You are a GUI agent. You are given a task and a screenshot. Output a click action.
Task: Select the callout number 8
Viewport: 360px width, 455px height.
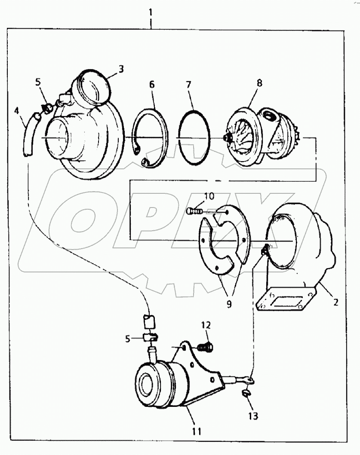pos(259,82)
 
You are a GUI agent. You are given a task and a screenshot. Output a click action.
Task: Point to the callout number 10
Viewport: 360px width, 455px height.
pos(209,196)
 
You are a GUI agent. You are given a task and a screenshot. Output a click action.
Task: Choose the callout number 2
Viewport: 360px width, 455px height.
pos(335,302)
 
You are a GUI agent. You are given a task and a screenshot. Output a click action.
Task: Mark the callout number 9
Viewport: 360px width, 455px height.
pos(229,304)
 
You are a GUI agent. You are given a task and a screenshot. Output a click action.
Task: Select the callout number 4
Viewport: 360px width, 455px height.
pos(16,111)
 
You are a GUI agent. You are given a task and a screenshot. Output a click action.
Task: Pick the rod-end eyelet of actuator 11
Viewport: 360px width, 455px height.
pos(249,379)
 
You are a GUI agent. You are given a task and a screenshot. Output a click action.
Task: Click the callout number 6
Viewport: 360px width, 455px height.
pos(152,85)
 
